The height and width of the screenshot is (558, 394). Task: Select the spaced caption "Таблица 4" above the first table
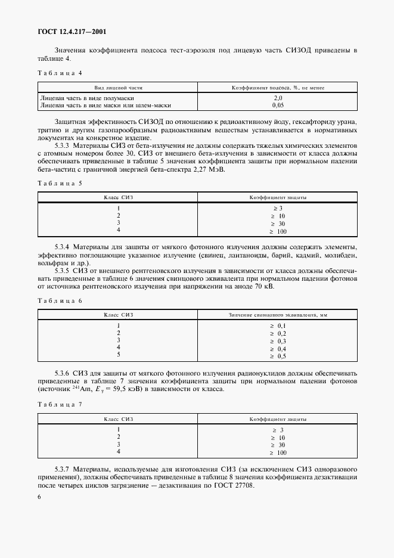point(60,73)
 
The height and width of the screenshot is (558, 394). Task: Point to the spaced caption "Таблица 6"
point(60,301)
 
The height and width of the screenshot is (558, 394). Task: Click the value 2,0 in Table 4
point(278,97)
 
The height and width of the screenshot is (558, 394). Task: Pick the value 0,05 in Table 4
point(278,105)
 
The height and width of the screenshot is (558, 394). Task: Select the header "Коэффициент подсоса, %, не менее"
point(278,87)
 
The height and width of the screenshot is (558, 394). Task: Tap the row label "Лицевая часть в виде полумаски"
point(86,97)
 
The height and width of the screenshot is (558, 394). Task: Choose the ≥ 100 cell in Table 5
point(278,231)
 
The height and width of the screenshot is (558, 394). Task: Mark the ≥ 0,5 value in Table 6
point(278,356)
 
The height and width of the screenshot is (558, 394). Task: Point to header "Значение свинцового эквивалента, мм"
point(278,314)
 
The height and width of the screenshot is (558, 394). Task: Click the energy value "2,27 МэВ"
point(209,169)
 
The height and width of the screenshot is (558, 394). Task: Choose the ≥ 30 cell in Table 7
point(278,445)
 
